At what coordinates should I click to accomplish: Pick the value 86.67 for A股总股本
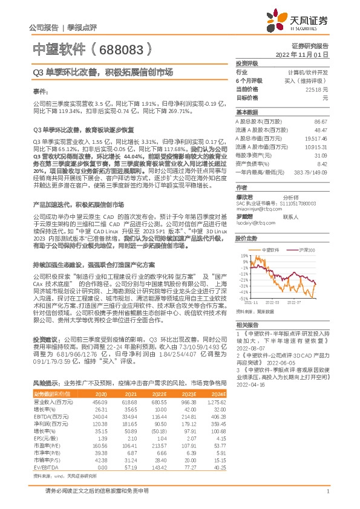[321, 122]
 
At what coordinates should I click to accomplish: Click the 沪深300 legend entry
[307, 249]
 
